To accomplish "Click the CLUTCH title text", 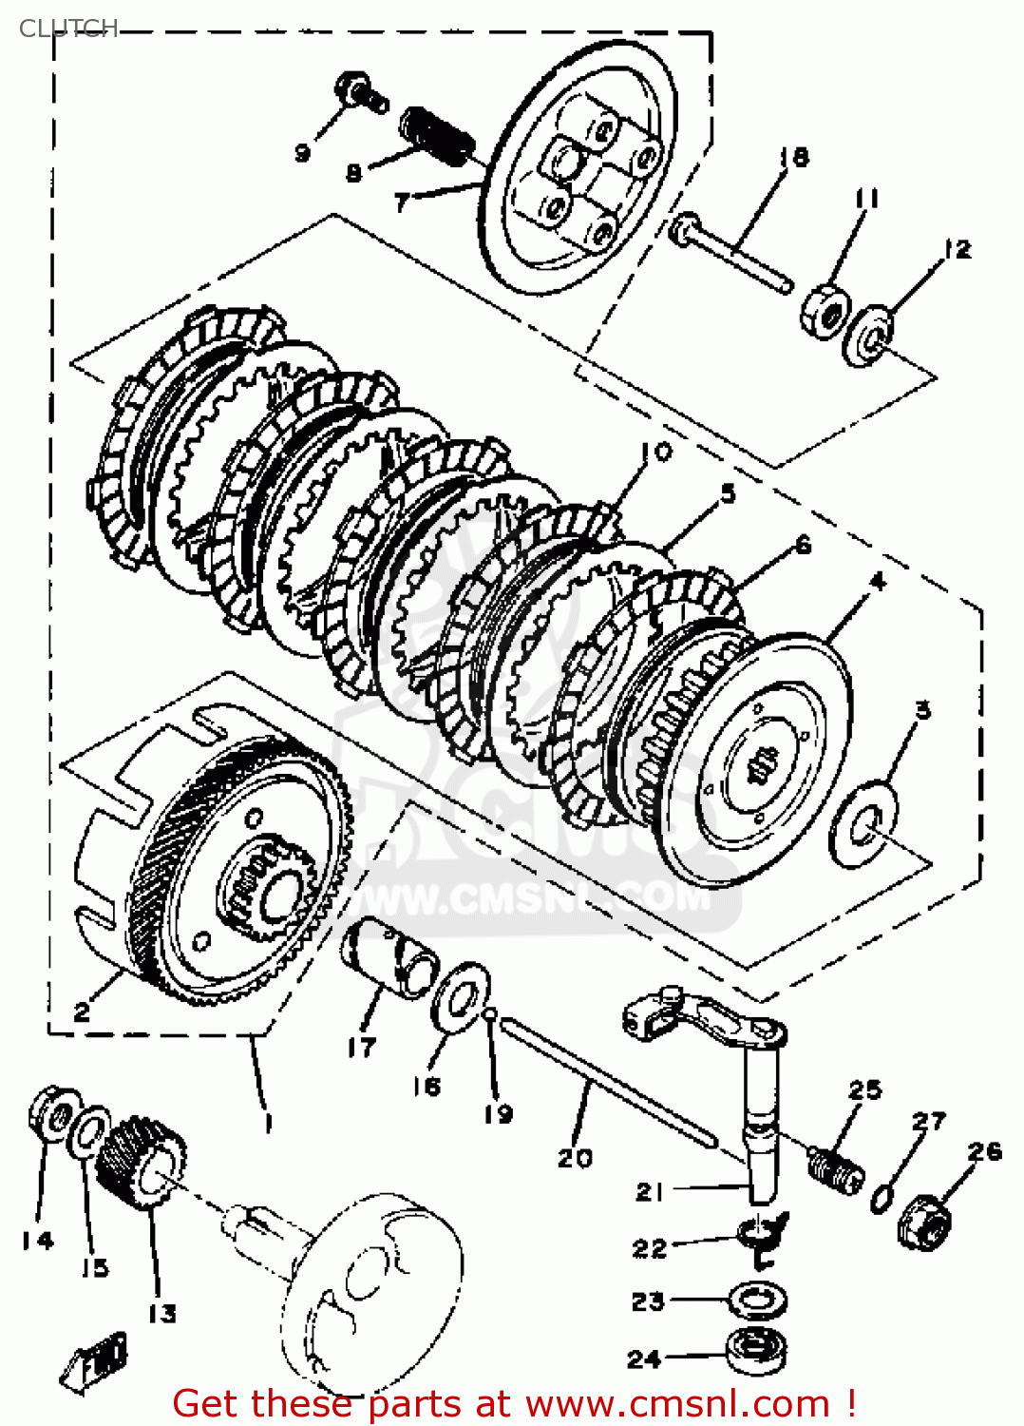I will coord(68,28).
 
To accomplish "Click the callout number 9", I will coord(302,152).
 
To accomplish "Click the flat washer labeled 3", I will coord(863,824).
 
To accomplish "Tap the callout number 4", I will coord(877,581).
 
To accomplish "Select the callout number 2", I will coord(83,1012).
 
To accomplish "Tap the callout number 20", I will coord(574,1158).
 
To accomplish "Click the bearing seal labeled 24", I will coord(757,1351).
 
